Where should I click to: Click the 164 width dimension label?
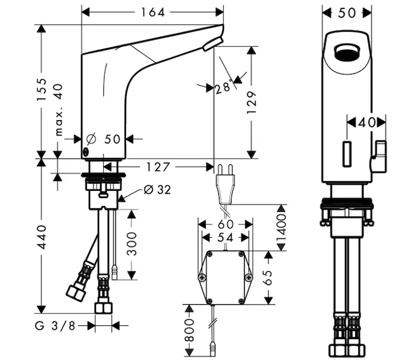[x=152, y=13]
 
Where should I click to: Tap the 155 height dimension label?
[x=42, y=90]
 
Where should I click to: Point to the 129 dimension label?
[x=251, y=103]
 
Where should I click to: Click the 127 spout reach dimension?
[x=158, y=167]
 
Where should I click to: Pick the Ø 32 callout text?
[x=157, y=190]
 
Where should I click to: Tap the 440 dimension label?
[x=42, y=238]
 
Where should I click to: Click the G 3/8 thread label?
[x=55, y=326]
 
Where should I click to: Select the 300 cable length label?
[x=131, y=244]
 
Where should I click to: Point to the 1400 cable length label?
[x=281, y=227]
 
